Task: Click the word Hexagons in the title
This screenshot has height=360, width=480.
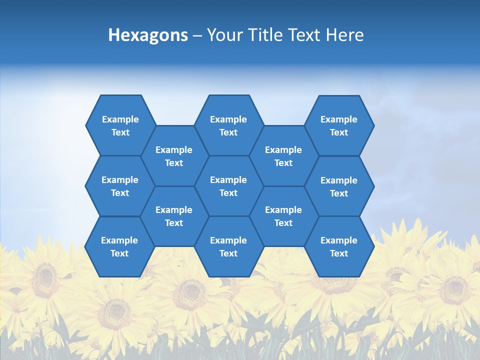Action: point(148,35)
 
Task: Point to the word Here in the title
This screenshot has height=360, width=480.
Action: point(345,35)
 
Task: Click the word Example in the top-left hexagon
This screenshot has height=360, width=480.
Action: point(120,119)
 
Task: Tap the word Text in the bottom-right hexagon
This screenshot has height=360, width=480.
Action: point(338,253)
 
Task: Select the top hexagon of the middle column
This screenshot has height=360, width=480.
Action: point(228,125)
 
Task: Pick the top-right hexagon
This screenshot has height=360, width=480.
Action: point(339,126)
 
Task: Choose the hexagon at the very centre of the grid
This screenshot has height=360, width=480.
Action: point(228,186)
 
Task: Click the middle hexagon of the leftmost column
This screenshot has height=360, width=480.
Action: point(120,186)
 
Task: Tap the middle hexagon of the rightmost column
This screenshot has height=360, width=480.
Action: point(339,186)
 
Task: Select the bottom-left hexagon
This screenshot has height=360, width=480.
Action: point(119,246)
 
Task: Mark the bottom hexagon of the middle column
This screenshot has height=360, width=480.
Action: point(228,246)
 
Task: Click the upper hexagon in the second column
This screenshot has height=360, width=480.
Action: point(174,156)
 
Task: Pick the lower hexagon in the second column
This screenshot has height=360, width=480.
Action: point(174,216)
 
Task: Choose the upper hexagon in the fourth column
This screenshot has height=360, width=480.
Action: point(283,156)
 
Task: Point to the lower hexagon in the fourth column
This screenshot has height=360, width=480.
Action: point(283,216)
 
